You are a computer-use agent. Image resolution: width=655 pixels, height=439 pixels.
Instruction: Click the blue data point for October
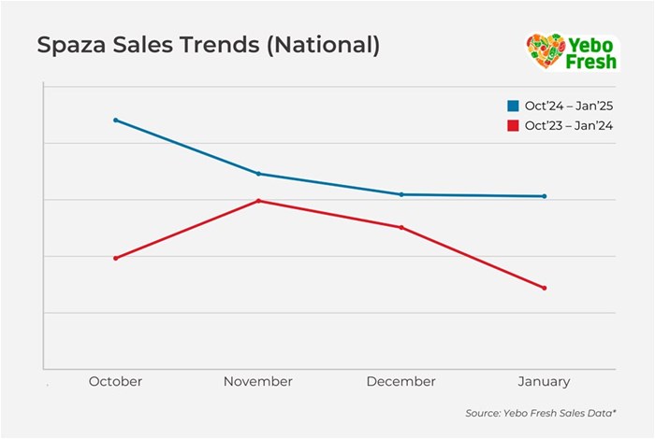click(115, 120)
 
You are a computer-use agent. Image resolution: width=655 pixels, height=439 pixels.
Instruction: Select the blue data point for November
click(258, 174)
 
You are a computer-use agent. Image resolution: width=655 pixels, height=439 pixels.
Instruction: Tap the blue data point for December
click(401, 194)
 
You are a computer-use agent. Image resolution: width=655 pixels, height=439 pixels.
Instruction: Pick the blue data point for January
click(545, 196)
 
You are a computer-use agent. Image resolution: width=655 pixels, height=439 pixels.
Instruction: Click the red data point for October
click(115, 258)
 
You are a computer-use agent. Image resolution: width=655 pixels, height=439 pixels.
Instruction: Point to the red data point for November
click(258, 201)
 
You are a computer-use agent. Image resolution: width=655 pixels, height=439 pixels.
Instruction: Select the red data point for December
click(401, 227)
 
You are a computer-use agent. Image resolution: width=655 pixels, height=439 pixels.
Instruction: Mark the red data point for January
click(545, 288)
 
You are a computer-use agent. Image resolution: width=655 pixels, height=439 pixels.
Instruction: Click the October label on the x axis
click(115, 381)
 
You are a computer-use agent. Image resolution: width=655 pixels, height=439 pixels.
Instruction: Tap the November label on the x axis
click(258, 381)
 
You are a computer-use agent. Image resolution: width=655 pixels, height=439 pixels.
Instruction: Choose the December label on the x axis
click(401, 381)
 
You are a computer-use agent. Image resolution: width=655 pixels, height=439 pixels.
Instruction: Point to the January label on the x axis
click(545, 381)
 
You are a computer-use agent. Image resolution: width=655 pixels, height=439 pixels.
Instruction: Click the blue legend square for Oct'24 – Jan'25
click(512, 106)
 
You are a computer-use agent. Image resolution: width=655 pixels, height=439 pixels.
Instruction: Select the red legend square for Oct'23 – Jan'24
click(512, 125)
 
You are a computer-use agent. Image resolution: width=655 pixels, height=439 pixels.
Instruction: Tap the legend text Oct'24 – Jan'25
click(569, 106)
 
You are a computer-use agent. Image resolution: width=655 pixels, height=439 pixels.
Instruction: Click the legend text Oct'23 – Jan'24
click(569, 125)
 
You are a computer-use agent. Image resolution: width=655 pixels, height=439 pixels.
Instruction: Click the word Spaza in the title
click(69, 46)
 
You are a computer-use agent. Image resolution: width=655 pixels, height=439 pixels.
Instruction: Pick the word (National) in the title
click(324, 46)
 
